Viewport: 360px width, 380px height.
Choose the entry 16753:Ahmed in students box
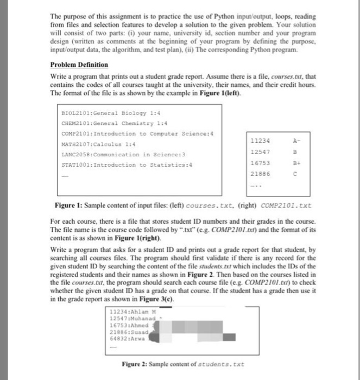pyautogui.click(x=125, y=324)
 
